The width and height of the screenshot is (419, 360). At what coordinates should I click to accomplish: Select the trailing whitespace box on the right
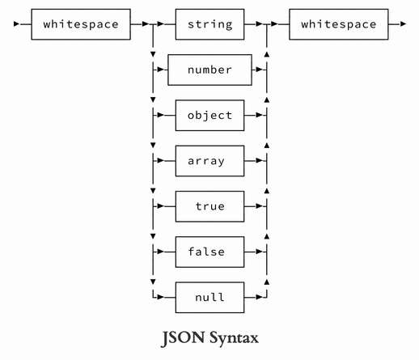(338, 24)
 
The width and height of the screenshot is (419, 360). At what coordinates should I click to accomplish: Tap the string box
(210, 24)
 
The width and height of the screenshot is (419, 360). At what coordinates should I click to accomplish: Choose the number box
(210, 70)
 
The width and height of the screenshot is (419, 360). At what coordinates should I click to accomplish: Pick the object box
(210, 116)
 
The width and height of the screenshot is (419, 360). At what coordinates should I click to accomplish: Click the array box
(210, 161)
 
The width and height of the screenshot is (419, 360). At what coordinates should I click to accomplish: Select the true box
(210, 207)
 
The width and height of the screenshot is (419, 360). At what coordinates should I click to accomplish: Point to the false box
(210, 252)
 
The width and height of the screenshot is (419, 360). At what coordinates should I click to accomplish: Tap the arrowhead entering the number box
(162, 70)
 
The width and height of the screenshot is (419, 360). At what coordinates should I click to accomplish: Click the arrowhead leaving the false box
(258, 252)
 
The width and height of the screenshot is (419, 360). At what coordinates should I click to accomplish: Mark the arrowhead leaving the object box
(258, 116)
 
